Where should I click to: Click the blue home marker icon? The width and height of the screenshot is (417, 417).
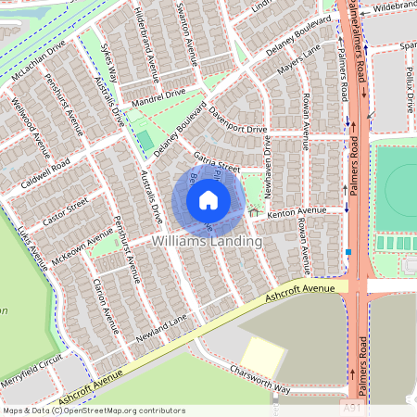point(208,199)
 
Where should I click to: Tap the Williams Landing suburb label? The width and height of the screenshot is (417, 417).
point(207,241)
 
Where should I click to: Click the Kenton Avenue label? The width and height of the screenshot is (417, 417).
point(297,212)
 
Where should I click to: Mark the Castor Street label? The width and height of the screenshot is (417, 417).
point(65,211)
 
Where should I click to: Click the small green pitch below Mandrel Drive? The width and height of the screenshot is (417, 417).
point(145,140)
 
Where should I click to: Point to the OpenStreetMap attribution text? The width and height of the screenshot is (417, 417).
point(94,410)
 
